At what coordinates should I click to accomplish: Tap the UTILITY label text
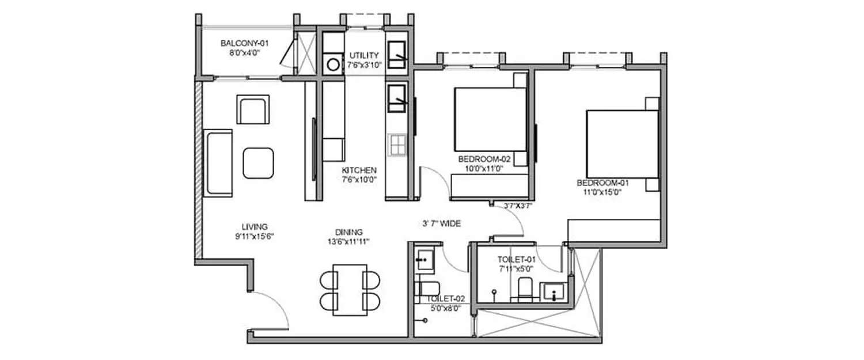click(x=364, y=55)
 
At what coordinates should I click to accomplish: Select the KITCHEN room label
click(x=359, y=170)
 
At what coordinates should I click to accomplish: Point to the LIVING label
click(x=254, y=227)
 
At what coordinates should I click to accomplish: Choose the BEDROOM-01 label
click(x=603, y=183)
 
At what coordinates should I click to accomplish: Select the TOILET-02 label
click(x=446, y=299)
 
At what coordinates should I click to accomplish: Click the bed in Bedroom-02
click(x=490, y=118)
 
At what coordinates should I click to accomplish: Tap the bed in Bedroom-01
click(x=622, y=143)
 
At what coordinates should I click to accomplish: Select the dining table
click(x=350, y=290)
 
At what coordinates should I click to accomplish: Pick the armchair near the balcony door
click(x=253, y=110)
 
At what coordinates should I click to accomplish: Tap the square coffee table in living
click(x=258, y=162)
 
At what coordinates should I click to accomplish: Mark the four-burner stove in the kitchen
click(x=398, y=145)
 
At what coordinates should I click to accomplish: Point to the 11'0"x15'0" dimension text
click(x=603, y=192)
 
